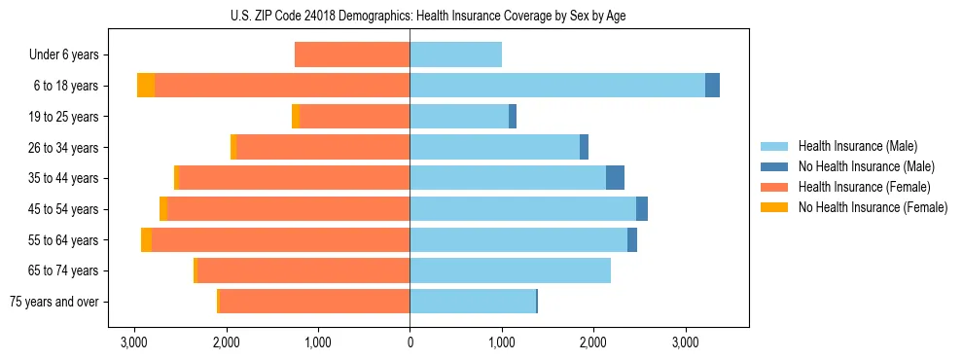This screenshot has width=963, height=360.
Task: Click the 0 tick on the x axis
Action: (410, 342)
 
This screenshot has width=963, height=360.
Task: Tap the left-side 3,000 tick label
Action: (134, 342)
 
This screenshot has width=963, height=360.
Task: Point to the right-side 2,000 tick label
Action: (593, 342)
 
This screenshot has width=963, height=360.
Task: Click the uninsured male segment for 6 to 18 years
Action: (712, 86)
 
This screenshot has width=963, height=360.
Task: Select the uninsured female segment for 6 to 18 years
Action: (146, 86)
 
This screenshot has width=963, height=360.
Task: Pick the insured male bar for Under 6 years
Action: (455, 55)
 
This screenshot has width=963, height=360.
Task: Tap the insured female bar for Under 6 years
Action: (352, 55)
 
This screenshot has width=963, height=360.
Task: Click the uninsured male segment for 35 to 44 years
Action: (615, 178)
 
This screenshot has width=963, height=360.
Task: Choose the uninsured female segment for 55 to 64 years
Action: (146, 240)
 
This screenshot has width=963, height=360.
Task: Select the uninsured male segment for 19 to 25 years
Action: (513, 117)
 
